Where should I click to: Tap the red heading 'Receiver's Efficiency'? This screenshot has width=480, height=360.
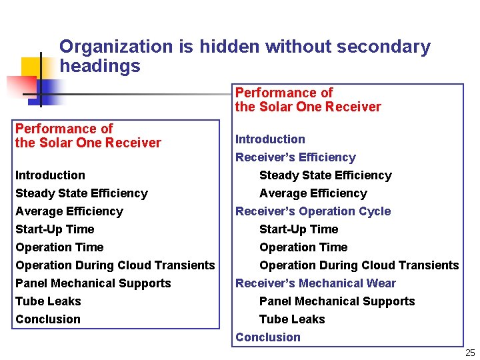click(x=295, y=157)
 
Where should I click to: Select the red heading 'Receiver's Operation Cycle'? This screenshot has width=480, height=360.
click(x=313, y=211)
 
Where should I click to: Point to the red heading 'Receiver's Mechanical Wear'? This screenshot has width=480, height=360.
click(x=315, y=283)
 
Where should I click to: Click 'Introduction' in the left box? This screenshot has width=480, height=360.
click(x=50, y=175)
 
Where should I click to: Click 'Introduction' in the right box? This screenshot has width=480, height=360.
click(x=270, y=139)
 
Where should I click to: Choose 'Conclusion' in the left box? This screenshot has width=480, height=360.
click(x=47, y=319)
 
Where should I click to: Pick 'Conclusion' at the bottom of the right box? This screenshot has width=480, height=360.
click(x=267, y=337)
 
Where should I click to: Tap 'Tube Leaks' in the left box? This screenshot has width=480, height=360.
click(x=48, y=301)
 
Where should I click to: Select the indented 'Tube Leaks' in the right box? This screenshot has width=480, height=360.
click(x=292, y=319)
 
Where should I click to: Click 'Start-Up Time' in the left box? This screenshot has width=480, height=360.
click(x=55, y=229)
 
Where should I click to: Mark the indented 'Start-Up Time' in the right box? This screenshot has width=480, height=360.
click(x=299, y=229)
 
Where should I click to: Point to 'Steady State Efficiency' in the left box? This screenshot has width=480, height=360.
click(x=81, y=193)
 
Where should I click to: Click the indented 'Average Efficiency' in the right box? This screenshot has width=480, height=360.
click(x=313, y=193)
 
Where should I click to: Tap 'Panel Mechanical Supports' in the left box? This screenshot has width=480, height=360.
click(x=93, y=283)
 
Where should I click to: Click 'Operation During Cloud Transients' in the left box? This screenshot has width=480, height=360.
click(x=115, y=265)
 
